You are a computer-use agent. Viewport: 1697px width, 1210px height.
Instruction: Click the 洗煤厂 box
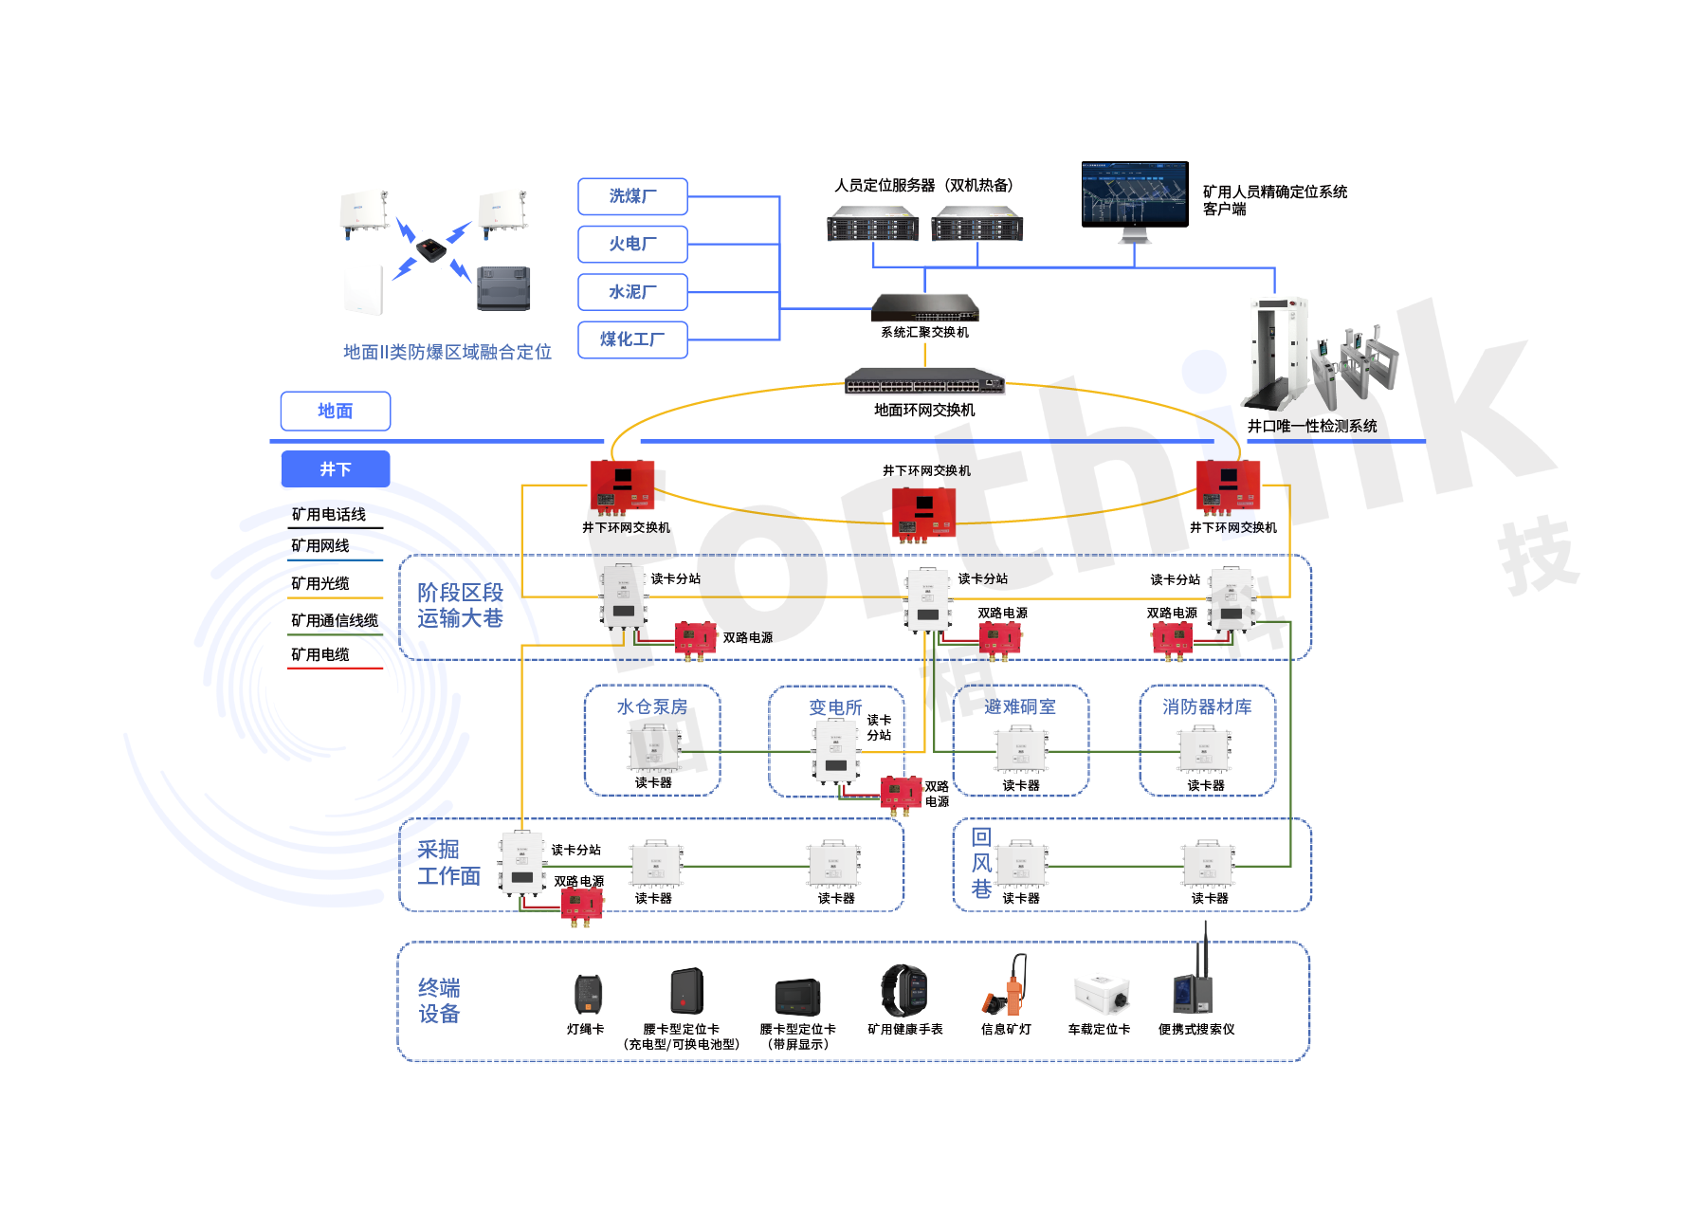tap(632, 196)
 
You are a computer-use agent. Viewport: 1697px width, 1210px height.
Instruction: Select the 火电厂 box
tap(632, 244)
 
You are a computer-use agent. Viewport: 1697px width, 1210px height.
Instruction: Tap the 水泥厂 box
tap(632, 292)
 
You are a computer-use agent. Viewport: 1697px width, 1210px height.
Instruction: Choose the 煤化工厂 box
tap(632, 339)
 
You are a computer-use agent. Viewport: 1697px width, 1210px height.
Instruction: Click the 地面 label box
tap(336, 411)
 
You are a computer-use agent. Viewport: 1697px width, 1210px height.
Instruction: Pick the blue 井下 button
tap(336, 468)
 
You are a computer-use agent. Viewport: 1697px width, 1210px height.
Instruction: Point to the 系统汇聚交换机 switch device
tap(924, 308)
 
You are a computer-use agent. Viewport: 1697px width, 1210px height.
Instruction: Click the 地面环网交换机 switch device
tap(924, 381)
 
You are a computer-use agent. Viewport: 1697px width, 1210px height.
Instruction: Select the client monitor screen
tap(1135, 194)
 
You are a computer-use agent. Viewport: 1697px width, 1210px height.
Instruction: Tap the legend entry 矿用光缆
tap(320, 583)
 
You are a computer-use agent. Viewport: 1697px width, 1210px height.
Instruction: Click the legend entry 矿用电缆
tap(320, 654)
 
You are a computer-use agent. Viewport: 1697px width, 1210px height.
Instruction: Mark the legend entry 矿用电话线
tap(328, 514)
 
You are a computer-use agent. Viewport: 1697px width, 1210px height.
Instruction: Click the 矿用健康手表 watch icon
tap(904, 991)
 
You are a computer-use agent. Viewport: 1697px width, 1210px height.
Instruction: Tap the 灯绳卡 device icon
tap(588, 994)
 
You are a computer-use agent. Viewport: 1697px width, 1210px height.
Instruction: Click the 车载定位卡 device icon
tap(1101, 994)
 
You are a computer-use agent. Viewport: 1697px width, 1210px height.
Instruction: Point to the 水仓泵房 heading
tap(652, 706)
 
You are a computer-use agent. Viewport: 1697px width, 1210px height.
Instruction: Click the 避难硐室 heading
tap(1020, 706)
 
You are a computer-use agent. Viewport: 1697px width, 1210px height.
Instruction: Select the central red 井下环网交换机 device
tap(923, 512)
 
